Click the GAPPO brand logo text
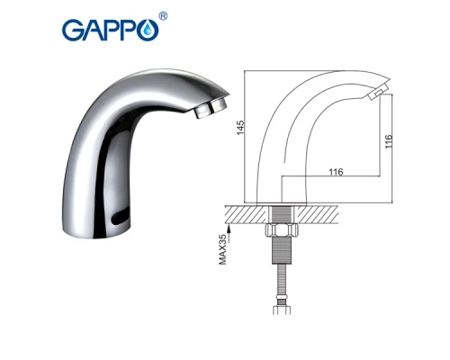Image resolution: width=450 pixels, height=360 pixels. coord(110,30)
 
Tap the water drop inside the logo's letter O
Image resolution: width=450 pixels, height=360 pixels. coord(148,30)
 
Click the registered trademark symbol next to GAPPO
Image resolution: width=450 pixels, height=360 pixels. coord(163,16)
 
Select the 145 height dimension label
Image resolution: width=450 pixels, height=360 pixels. coord(240,128)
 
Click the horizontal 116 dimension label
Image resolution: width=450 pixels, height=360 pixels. coord(336,172)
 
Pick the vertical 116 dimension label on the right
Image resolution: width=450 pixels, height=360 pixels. coord(389,141)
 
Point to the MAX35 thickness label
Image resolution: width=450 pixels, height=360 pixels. coord(223,250)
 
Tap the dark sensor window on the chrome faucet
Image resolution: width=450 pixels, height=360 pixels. coord(121,218)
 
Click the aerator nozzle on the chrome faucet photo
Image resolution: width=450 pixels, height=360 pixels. coord(210,109)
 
